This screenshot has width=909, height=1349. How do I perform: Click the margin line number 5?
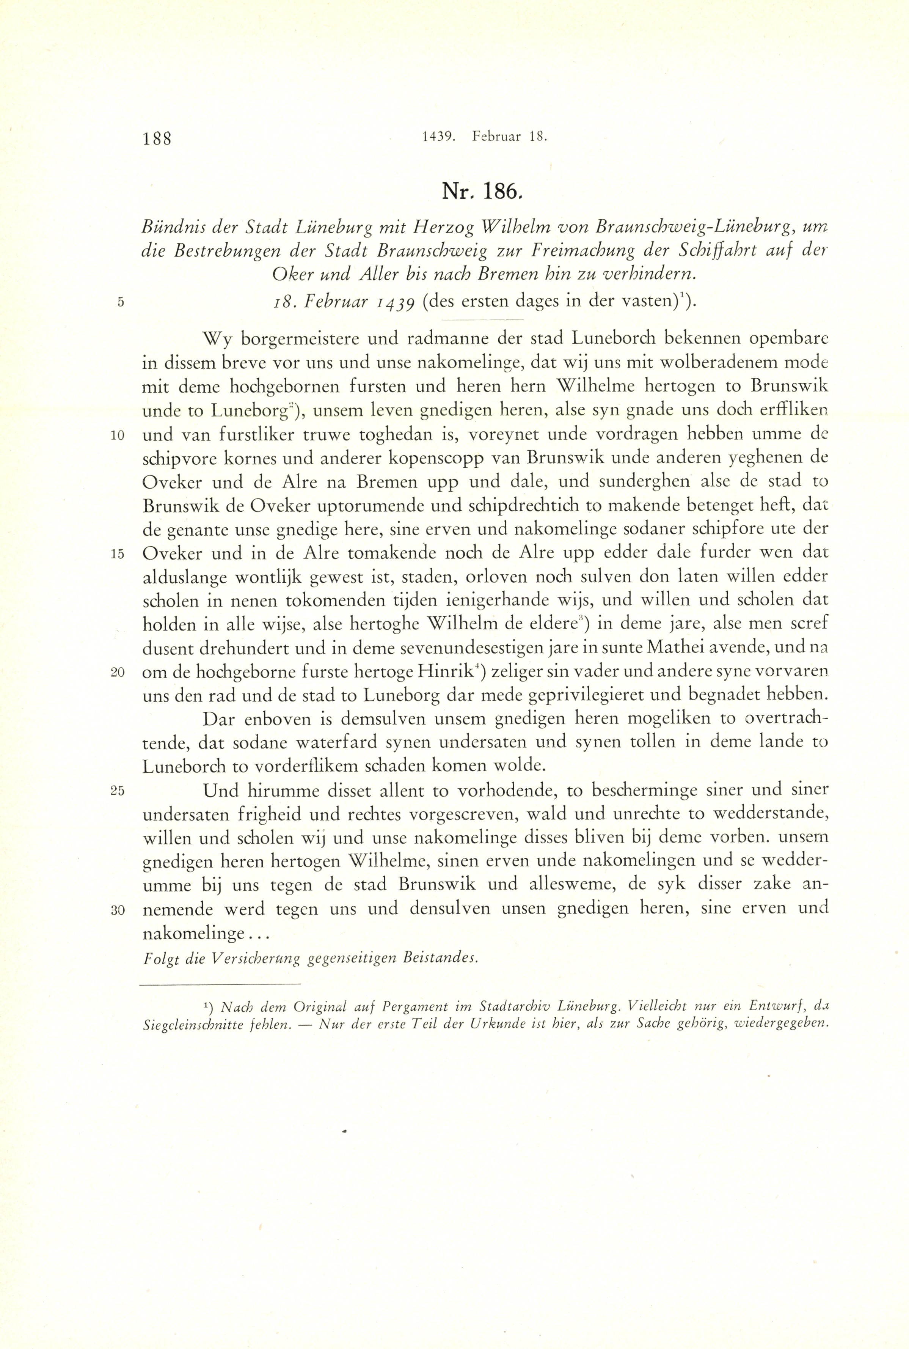[x=121, y=302]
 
